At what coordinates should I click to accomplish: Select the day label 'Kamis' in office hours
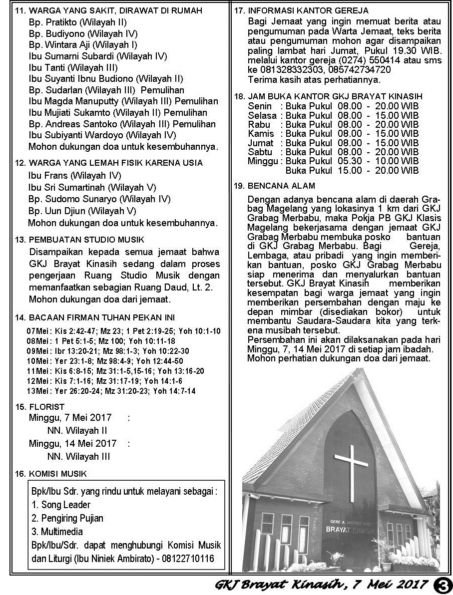click(261, 133)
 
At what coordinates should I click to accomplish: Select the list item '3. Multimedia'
click(57, 532)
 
